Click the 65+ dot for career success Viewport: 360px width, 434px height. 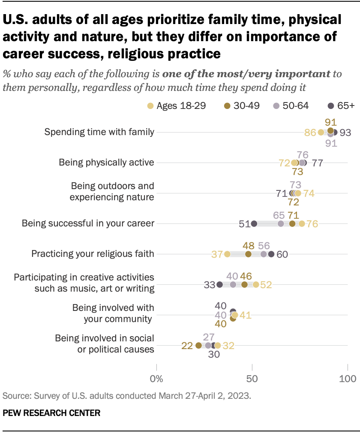tap(254, 223)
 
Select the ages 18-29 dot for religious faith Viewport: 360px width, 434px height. tap(227, 254)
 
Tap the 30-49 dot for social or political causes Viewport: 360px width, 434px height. tap(198, 345)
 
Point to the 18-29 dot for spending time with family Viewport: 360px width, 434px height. tap(321, 132)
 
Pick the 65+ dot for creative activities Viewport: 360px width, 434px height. tap(220, 284)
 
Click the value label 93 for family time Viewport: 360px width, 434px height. tap(345, 133)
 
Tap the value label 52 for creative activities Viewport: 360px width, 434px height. tap(266, 285)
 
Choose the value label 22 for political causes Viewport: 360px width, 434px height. tap(187, 345)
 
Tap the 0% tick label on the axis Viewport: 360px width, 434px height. tap(157, 379)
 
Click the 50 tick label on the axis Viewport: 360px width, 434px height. tap(252, 379)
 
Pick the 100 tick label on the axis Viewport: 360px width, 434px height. tap(347, 379)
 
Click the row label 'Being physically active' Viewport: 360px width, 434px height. tap(106, 163)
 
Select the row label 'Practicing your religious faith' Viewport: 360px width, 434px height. tap(93, 254)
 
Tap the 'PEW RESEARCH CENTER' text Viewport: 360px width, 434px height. tap(51, 413)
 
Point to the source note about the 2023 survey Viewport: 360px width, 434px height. tap(126, 395)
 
